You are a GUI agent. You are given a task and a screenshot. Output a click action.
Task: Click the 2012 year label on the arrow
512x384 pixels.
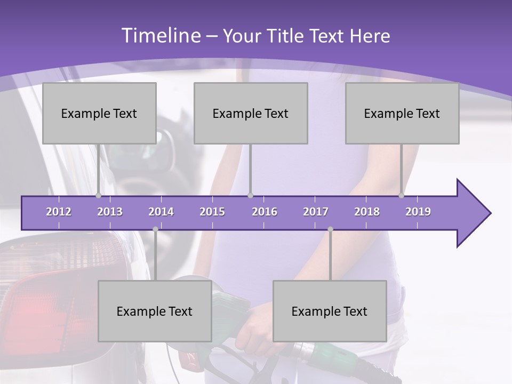[59, 212]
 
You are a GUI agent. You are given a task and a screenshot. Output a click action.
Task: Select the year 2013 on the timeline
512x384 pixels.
[110, 212]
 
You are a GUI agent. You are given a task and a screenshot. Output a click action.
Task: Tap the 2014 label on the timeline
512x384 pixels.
[161, 212]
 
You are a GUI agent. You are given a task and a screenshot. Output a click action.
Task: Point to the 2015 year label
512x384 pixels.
[212, 212]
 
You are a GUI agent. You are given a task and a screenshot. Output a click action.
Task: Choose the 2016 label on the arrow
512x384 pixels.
[265, 212]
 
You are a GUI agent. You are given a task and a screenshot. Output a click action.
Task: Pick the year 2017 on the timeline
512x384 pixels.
[316, 212]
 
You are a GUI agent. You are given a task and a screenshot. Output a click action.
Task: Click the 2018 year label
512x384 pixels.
[367, 212]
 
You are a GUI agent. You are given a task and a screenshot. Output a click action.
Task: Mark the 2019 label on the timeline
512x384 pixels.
[418, 212]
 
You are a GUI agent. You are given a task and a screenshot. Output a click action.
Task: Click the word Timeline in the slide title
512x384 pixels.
[161, 36]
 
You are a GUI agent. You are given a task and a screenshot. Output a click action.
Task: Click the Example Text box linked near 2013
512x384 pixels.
[99, 113]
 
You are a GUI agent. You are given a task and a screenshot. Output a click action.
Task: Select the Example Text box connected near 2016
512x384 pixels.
[251, 113]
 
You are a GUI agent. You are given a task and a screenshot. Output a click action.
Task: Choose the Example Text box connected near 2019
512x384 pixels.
[402, 113]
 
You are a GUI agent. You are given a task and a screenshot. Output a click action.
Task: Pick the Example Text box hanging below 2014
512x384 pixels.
[155, 311]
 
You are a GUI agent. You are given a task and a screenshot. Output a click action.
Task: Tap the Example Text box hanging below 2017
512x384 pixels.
[330, 311]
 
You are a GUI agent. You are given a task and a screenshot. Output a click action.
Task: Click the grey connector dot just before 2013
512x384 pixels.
[98, 196]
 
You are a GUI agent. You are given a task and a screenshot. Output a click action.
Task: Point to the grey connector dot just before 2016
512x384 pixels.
[251, 196]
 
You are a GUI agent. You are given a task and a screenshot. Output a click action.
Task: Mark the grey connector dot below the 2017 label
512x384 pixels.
[330, 229]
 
